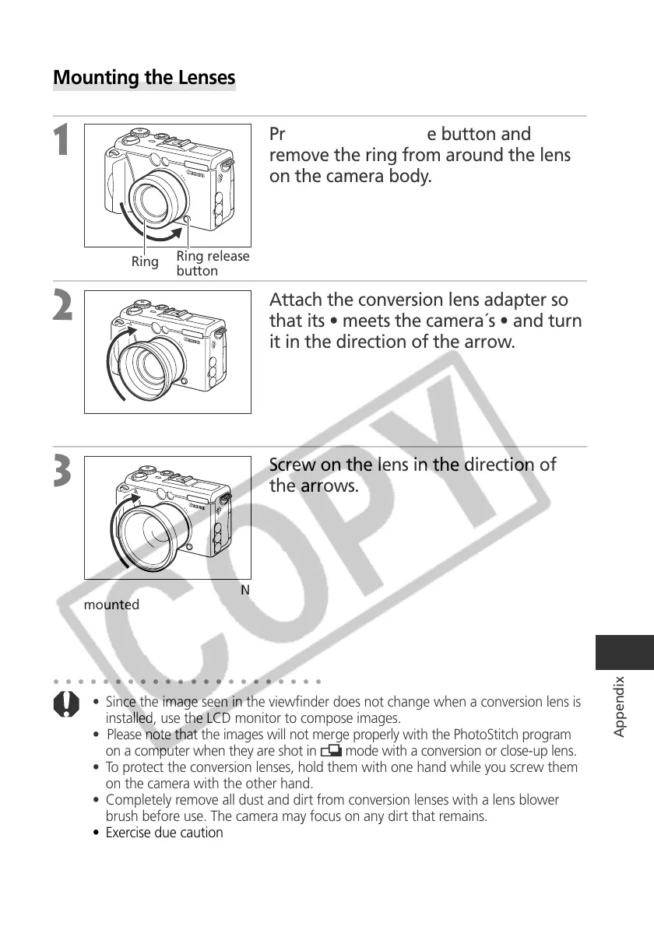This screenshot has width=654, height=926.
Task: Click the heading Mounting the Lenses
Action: tap(144, 79)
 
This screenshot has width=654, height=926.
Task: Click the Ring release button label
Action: tap(213, 263)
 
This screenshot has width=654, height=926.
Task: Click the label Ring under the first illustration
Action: tap(145, 261)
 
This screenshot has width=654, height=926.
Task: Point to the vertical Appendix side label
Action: tap(619, 706)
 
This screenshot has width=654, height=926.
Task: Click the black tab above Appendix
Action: tap(624, 652)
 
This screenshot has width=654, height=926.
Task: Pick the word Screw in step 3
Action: tap(292, 465)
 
